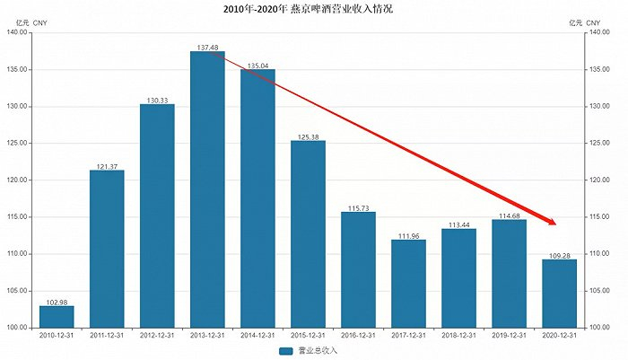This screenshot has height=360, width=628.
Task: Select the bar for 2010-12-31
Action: coord(57,316)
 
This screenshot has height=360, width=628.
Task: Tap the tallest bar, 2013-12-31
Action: coord(207,189)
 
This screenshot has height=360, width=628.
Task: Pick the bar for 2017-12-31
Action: coord(408,283)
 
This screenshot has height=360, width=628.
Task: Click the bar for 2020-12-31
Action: coord(559,293)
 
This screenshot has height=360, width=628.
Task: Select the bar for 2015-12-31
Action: coord(308,233)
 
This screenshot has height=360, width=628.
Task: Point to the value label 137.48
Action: coord(207,46)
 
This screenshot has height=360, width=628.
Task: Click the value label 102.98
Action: coord(57,301)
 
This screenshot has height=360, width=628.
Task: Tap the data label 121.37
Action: coord(107,165)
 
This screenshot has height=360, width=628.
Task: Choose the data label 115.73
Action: coord(358,206)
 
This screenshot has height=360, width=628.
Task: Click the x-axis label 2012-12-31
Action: coord(157,336)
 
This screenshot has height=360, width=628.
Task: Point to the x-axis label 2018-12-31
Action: coord(458,336)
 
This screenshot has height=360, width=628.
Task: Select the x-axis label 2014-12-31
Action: coord(257,336)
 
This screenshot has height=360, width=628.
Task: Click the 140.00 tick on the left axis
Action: coord(17,33)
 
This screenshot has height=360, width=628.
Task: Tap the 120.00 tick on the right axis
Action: coord(598,180)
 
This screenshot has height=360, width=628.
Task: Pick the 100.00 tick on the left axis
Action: coord(17,328)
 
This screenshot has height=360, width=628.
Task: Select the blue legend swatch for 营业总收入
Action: coord(286,350)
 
